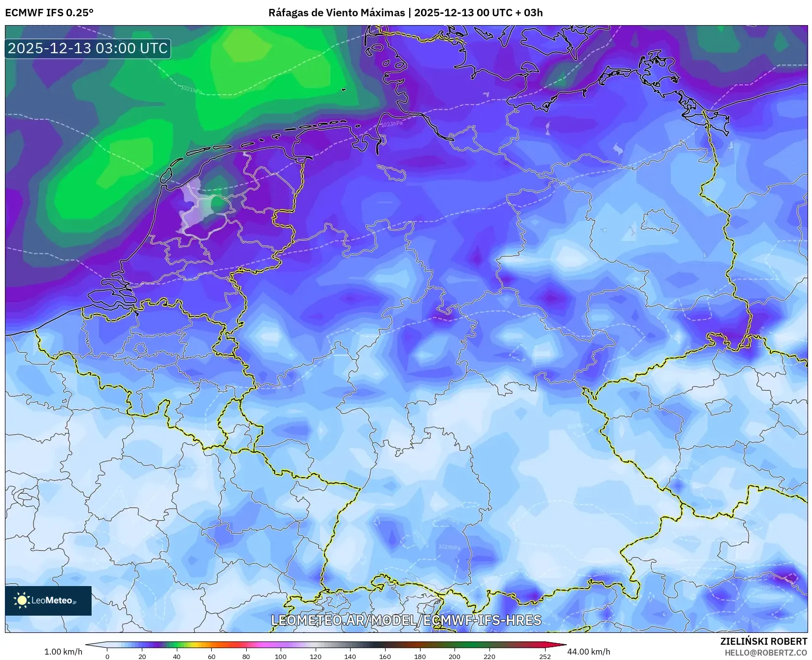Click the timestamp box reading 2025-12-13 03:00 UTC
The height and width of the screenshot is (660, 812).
tap(88, 48)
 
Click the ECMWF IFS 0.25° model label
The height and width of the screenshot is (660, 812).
tap(49, 13)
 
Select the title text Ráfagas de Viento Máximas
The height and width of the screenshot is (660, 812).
tap(336, 13)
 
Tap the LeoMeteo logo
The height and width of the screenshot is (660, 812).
tap(48, 600)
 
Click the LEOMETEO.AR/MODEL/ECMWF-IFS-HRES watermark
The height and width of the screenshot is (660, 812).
tap(406, 620)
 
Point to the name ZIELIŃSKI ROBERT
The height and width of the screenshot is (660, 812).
tap(763, 641)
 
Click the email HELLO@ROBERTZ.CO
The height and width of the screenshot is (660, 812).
tap(765, 652)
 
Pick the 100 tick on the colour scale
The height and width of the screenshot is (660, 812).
tap(281, 656)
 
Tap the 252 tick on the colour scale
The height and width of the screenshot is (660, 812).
tap(545, 656)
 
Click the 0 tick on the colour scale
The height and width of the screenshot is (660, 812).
tap(107, 656)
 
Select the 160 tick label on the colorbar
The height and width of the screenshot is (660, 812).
tap(385, 656)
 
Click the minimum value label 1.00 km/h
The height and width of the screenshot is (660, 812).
tap(63, 652)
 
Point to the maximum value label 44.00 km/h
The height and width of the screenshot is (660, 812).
tap(588, 652)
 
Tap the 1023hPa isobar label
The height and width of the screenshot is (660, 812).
tap(391, 124)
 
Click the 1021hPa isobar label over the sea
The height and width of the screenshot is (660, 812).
tap(191, 90)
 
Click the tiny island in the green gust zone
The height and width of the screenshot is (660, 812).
tap(343, 90)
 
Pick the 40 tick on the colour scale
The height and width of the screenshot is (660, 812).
tap(177, 656)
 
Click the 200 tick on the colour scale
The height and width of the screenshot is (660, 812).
tap(455, 656)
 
